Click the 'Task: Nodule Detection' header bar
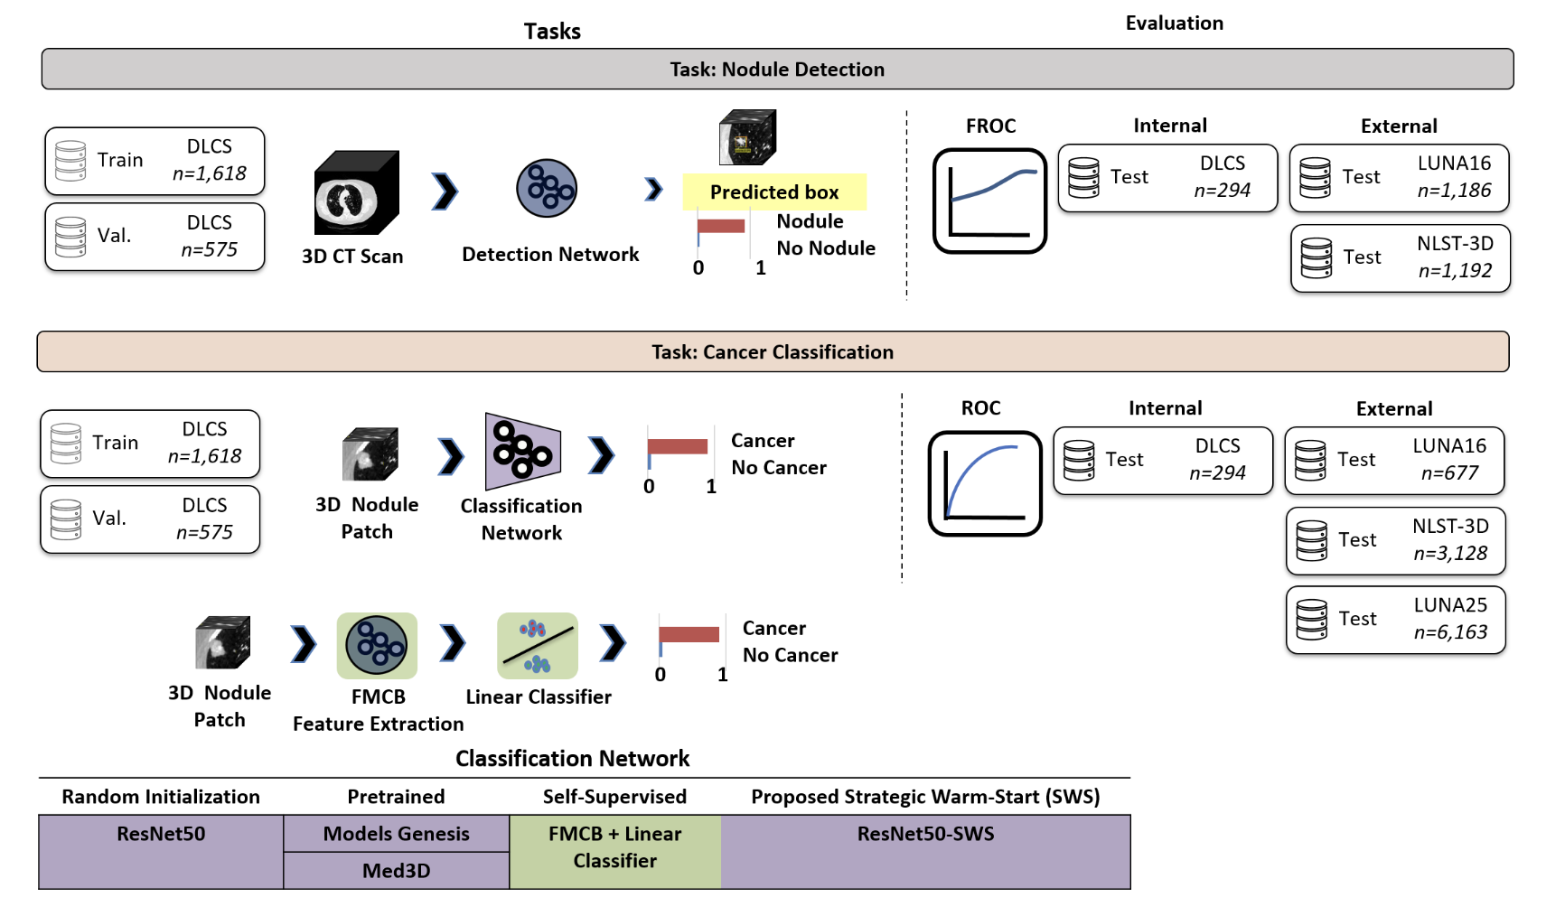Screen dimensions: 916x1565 click(777, 70)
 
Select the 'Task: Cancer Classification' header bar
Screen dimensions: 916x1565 click(773, 351)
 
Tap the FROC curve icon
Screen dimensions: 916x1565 click(989, 201)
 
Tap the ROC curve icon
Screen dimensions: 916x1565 click(985, 483)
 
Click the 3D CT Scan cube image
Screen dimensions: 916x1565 click(356, 193)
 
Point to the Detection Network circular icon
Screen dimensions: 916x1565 click(547, 189)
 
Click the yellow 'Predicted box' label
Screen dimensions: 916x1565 click(774, 192)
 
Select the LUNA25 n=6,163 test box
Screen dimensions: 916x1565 click(1395, 620)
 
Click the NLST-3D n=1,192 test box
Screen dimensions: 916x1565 click(1400, 258)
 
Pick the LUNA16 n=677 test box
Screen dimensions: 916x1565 click(1394, 461)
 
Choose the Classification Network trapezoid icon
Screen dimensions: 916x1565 click(522, 452)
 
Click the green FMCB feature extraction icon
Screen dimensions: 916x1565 click(377, 646)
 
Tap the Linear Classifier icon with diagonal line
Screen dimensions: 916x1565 click(538, 646)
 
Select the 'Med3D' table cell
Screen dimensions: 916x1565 click(396, 871)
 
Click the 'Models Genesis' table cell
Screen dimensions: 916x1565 click(396, 834)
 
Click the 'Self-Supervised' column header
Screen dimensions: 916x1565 click(614, 797)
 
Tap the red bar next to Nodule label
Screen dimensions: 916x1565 click(721, 226)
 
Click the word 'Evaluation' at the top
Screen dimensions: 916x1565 click(1174, 23)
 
